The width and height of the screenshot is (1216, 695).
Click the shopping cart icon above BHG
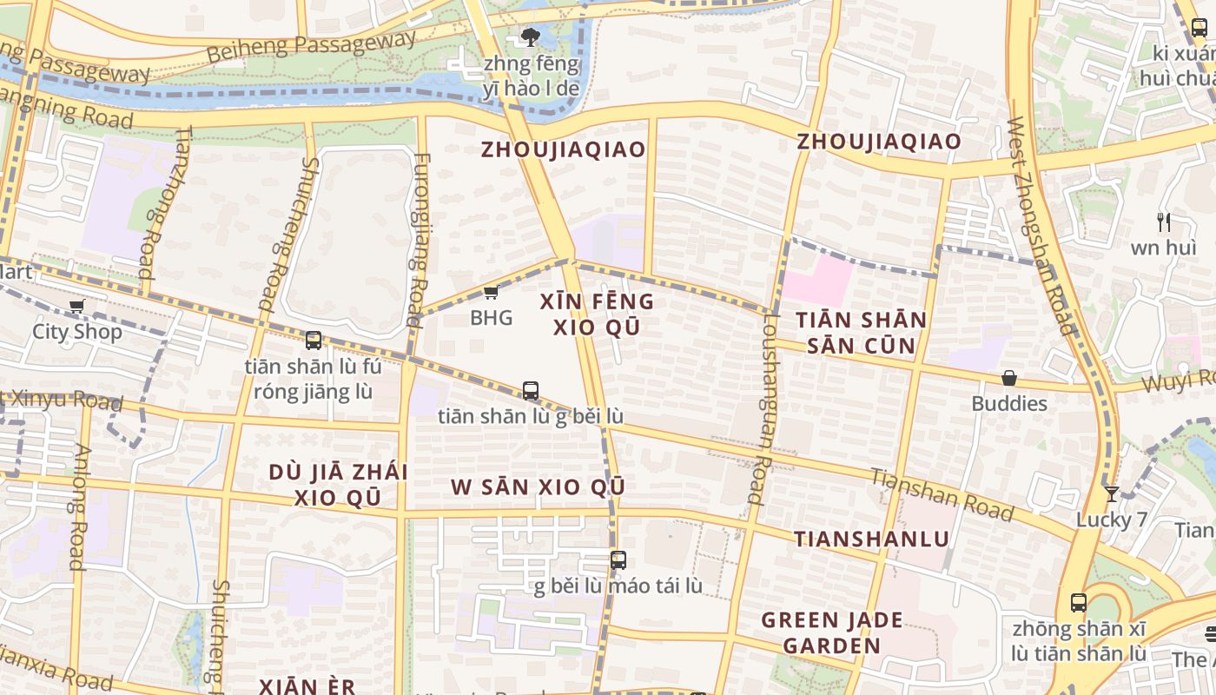pyautogui.click(x=491, y=293)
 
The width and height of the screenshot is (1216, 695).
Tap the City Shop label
pyautogui.click(x=77, y=331)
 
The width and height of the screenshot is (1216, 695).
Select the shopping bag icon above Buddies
pyautogui.click(x=1009, y=378)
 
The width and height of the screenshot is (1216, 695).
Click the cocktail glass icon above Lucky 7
pyautogui.click(x=1112, y=494)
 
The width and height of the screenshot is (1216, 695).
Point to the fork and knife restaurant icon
pyautogui.click(x=1164, y=222)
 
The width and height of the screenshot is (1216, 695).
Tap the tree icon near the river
pyautogui.click(x=530, y=36)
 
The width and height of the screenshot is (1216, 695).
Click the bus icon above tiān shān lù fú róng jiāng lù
pyautogui.click(x=314, y=341)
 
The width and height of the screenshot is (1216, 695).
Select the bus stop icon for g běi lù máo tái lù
pyautogui.click(x=618, y=560)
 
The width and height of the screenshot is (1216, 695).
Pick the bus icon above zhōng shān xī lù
pyautogui.click(x=1079, y=602)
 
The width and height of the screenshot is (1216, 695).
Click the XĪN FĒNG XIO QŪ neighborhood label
pyautogui.click(x=597, y=314)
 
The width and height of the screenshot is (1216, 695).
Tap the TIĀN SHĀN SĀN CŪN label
pyautogui.click(x=862, y=333)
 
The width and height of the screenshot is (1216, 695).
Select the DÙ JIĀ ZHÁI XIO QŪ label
pyautogui.click(x=338, y=485)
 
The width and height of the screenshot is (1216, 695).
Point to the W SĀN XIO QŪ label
pyautogui.click(x=538, y=486)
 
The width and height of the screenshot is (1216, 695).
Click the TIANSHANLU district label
pyautogui.click(x=872, y=539)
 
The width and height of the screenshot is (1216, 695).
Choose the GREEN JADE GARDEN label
pyautogui.click(x=832, y=632)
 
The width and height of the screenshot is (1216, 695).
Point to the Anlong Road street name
pyautogui.click(x=79, y=507)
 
